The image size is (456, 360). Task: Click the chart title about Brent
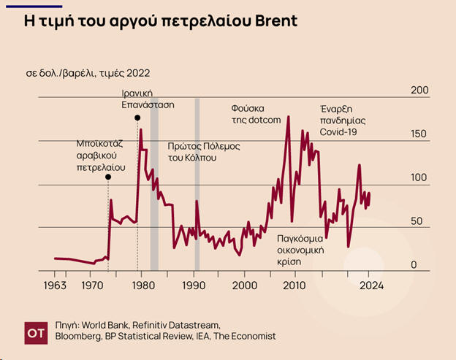click(161, 20)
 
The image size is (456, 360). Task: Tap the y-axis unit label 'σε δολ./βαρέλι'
click(88, 74)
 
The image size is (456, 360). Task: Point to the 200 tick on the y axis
click(419, 90)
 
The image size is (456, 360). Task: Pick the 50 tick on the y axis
click(418, 221)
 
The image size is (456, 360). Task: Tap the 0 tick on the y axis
click(414, 265)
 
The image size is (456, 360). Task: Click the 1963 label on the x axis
click(56, 285)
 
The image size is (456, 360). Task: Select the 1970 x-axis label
click(92, 285)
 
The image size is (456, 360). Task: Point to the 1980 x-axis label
click(143, 285)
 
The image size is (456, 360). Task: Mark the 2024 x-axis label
click(370, 285)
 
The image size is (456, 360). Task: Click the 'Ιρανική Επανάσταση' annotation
click(148, 99)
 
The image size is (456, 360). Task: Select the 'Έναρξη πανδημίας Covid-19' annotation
click(343, 120)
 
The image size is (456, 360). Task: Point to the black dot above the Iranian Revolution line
click(137, 118)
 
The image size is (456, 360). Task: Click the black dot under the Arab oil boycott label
click(108, 177)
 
